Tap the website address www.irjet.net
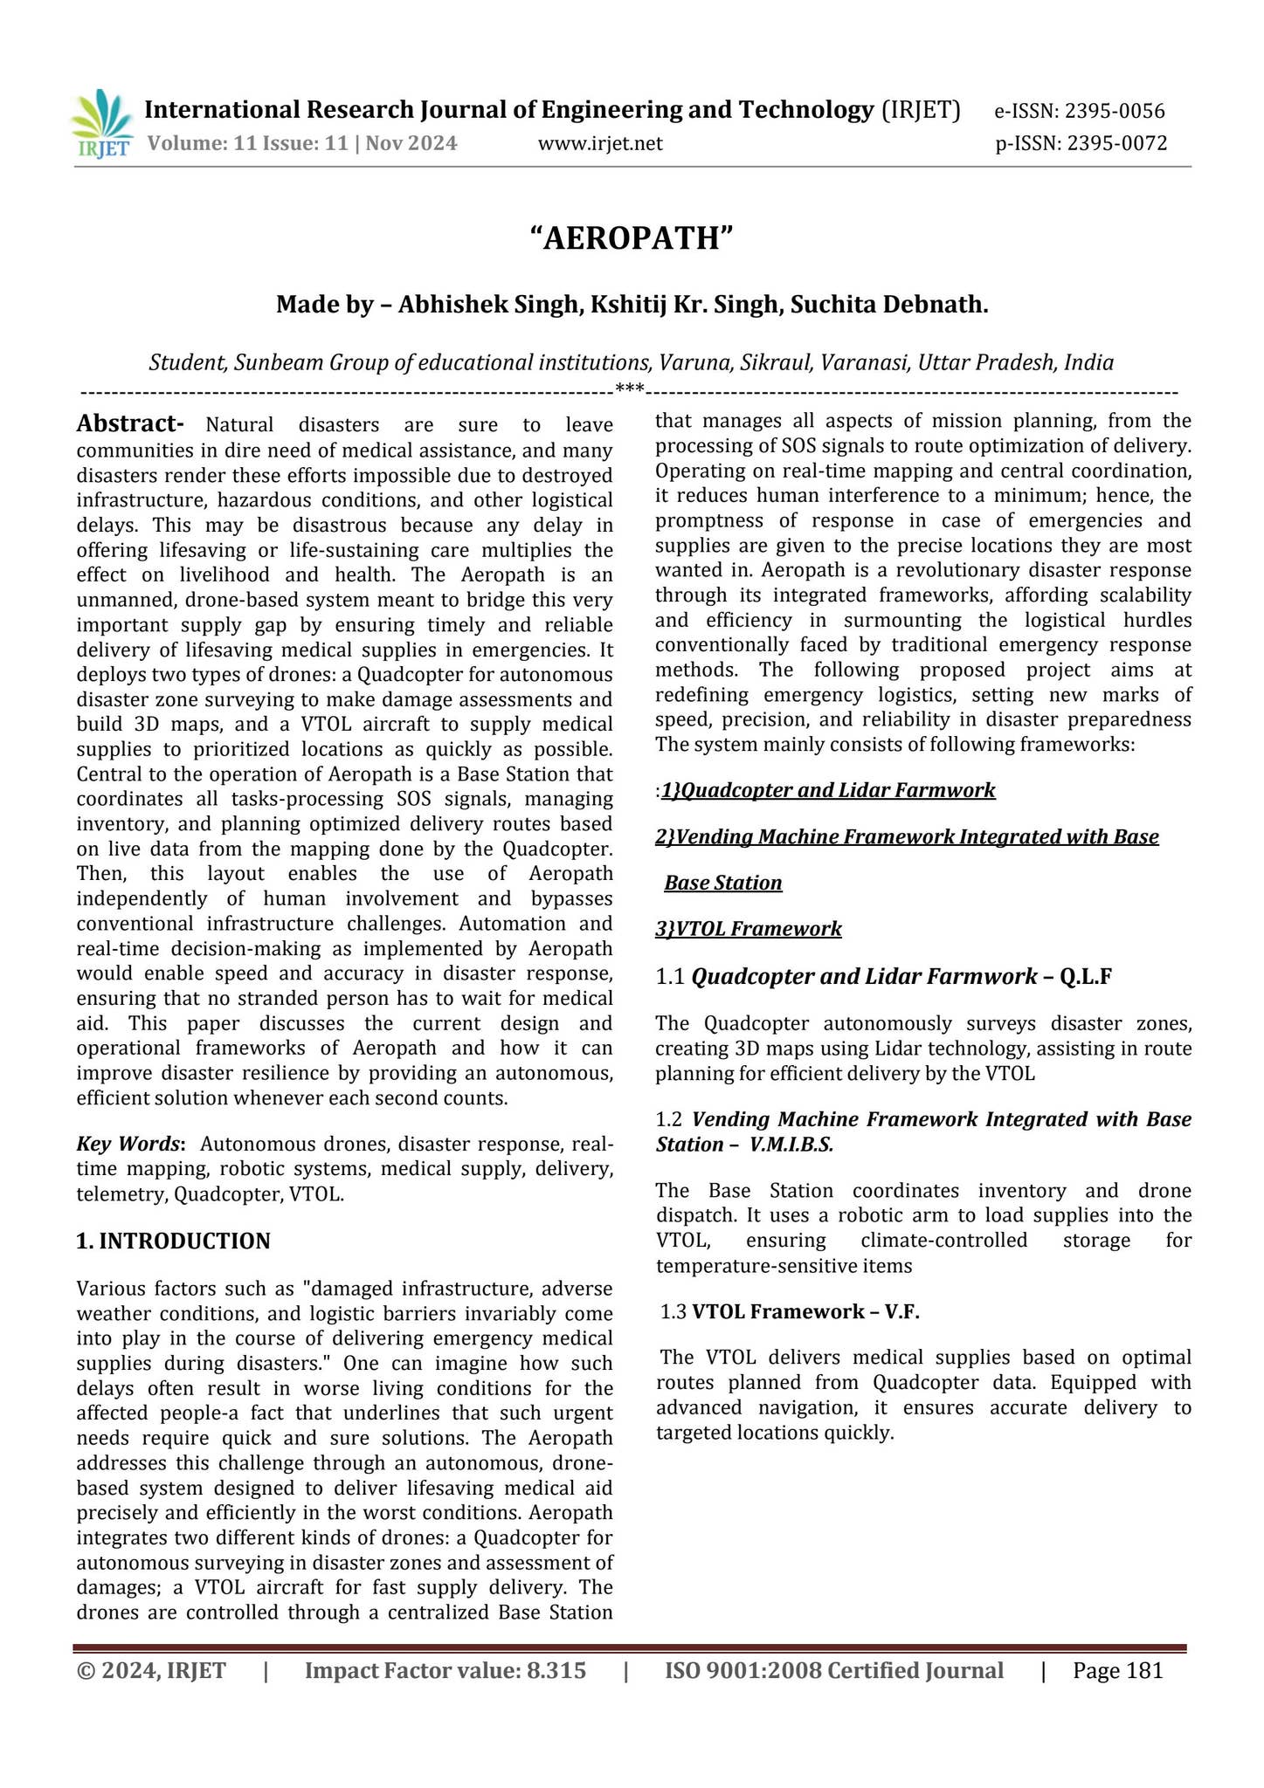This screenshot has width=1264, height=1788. (600, 144)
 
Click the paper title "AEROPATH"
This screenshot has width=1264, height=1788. (632, 238)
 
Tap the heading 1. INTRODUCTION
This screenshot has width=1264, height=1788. (174, 1241)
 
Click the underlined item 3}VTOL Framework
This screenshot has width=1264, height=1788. (749, 929)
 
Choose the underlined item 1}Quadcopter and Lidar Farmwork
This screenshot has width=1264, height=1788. (828, 791)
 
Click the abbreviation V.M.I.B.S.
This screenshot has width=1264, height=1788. (791, 1145)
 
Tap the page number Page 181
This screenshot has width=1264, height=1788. (1118, 1671)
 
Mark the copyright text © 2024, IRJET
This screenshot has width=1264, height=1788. (152, 1671)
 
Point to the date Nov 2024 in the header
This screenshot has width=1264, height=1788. (411, 144)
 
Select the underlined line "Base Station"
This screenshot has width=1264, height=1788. (723, 884)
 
